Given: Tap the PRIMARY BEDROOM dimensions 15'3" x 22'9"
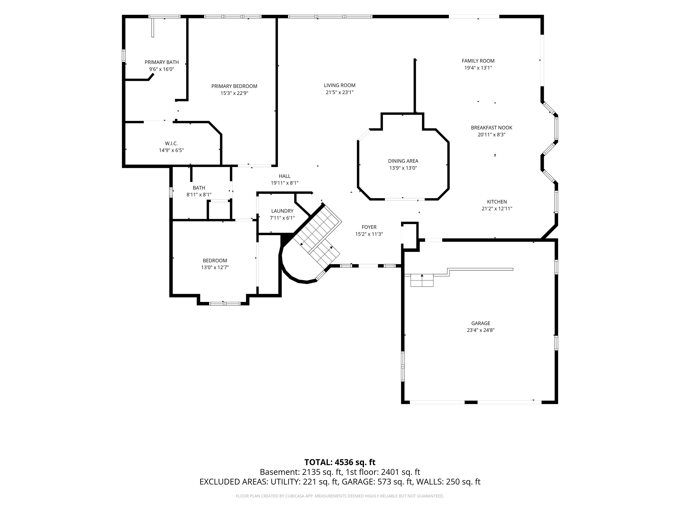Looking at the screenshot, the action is [234, 93].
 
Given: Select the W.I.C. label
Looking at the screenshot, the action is [171, 144].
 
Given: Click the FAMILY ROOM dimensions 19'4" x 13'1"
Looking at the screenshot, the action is [478, 68].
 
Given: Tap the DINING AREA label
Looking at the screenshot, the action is [403, 161].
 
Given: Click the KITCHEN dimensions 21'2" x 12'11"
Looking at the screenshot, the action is [497, 209].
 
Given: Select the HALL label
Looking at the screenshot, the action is [285, 176].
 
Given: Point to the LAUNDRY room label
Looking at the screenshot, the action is [282, 211].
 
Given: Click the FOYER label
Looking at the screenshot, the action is [369, 227].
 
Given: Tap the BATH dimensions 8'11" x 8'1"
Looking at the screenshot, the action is [199, 195].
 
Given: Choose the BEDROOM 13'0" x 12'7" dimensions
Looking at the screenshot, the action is [215, 267].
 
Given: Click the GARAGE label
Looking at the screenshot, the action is [481, 323].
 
